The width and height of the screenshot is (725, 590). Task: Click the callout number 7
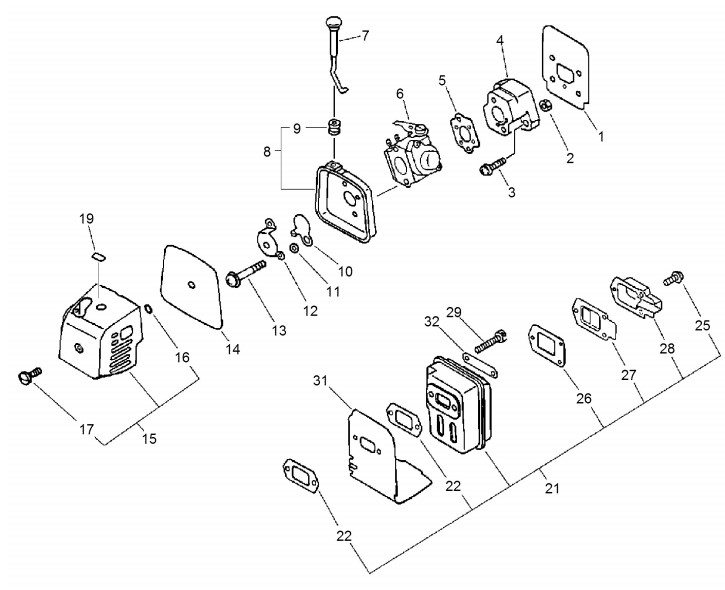[x=365, y=36]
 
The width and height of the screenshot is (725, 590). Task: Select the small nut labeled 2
[x=546, y=106]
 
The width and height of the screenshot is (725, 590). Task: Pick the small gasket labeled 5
[x=464, y=131]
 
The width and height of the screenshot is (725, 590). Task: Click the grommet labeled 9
[x=333, y=126]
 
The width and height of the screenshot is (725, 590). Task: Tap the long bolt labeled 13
[x=246, y=272]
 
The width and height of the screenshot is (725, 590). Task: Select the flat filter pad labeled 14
[x=190, y=288]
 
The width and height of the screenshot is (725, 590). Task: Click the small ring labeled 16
[x=148, y=308]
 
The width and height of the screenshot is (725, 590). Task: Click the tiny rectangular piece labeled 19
[x=98, y=256]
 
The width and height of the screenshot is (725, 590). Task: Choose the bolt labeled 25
[x=674, y=278]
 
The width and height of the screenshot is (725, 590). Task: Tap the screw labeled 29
[x=491, y=342]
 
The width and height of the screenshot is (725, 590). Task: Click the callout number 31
[x=320, y=381]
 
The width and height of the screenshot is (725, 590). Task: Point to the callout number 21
[x=552, y=488]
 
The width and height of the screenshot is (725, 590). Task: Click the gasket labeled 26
[x=547, y=346]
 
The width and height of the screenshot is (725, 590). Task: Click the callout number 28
[x=667, y=349]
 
